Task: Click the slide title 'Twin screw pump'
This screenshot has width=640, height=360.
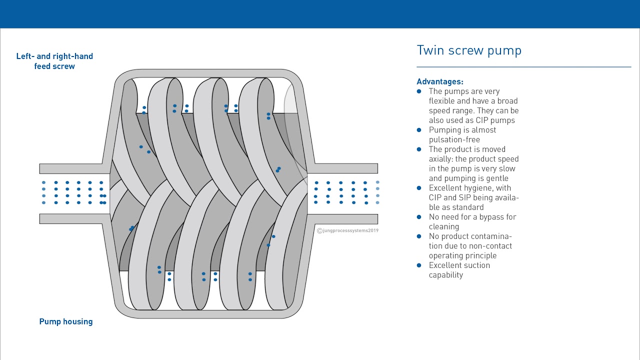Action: (469, 50)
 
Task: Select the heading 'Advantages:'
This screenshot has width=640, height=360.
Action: (440, 81)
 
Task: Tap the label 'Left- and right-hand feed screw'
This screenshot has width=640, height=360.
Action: (54, 61)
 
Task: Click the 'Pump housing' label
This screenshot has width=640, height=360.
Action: (66, 321)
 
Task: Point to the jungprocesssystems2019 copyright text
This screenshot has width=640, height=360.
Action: (348, 230)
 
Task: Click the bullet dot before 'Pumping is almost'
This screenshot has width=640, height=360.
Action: (419, 130)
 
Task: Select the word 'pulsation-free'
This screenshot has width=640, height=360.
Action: (454, 139)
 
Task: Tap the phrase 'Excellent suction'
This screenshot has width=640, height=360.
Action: (459, 265)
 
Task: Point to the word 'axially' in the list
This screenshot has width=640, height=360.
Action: (442, 159)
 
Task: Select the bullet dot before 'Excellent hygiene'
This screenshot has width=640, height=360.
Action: (419, 188)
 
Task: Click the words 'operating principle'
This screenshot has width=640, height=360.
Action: (462, 255)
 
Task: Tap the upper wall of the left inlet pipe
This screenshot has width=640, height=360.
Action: (70, 168)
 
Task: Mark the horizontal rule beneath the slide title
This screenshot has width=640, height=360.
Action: (523, 67)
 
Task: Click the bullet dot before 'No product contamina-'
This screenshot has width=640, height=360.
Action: (419, 236)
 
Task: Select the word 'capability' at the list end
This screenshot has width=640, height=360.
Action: (445, 275)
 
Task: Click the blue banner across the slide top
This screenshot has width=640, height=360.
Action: (320, 14)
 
